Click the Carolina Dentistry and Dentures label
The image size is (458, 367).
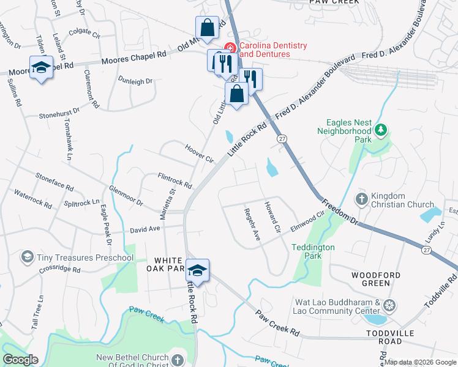pyautogui.click(x=272, y=50)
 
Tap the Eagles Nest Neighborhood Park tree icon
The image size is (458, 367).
pyautogui.click(x=381, y=129)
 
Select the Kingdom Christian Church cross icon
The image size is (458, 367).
pyautogui.click(x=361, y=199)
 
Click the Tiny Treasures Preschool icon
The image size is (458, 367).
pyautogui.click(x=27, y=257)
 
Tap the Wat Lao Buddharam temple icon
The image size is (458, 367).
pyautogui.click(x=390, y=306)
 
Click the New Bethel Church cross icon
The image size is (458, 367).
pyautogui.click(x=178, y=360)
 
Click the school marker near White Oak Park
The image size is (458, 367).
pyautogui.click(x=198, y=270)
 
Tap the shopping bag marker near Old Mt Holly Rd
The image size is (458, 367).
pyautogui.click(x=207, y=28)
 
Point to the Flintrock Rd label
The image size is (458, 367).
pyautogui.click(x=175, y=180)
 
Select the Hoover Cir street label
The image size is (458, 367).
pyautogui.click(x=199, y=153)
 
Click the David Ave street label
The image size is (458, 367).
pyautogui.click(x=145, y=229)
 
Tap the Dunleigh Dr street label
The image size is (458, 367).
pyautogui.click(x=135, y=81)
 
